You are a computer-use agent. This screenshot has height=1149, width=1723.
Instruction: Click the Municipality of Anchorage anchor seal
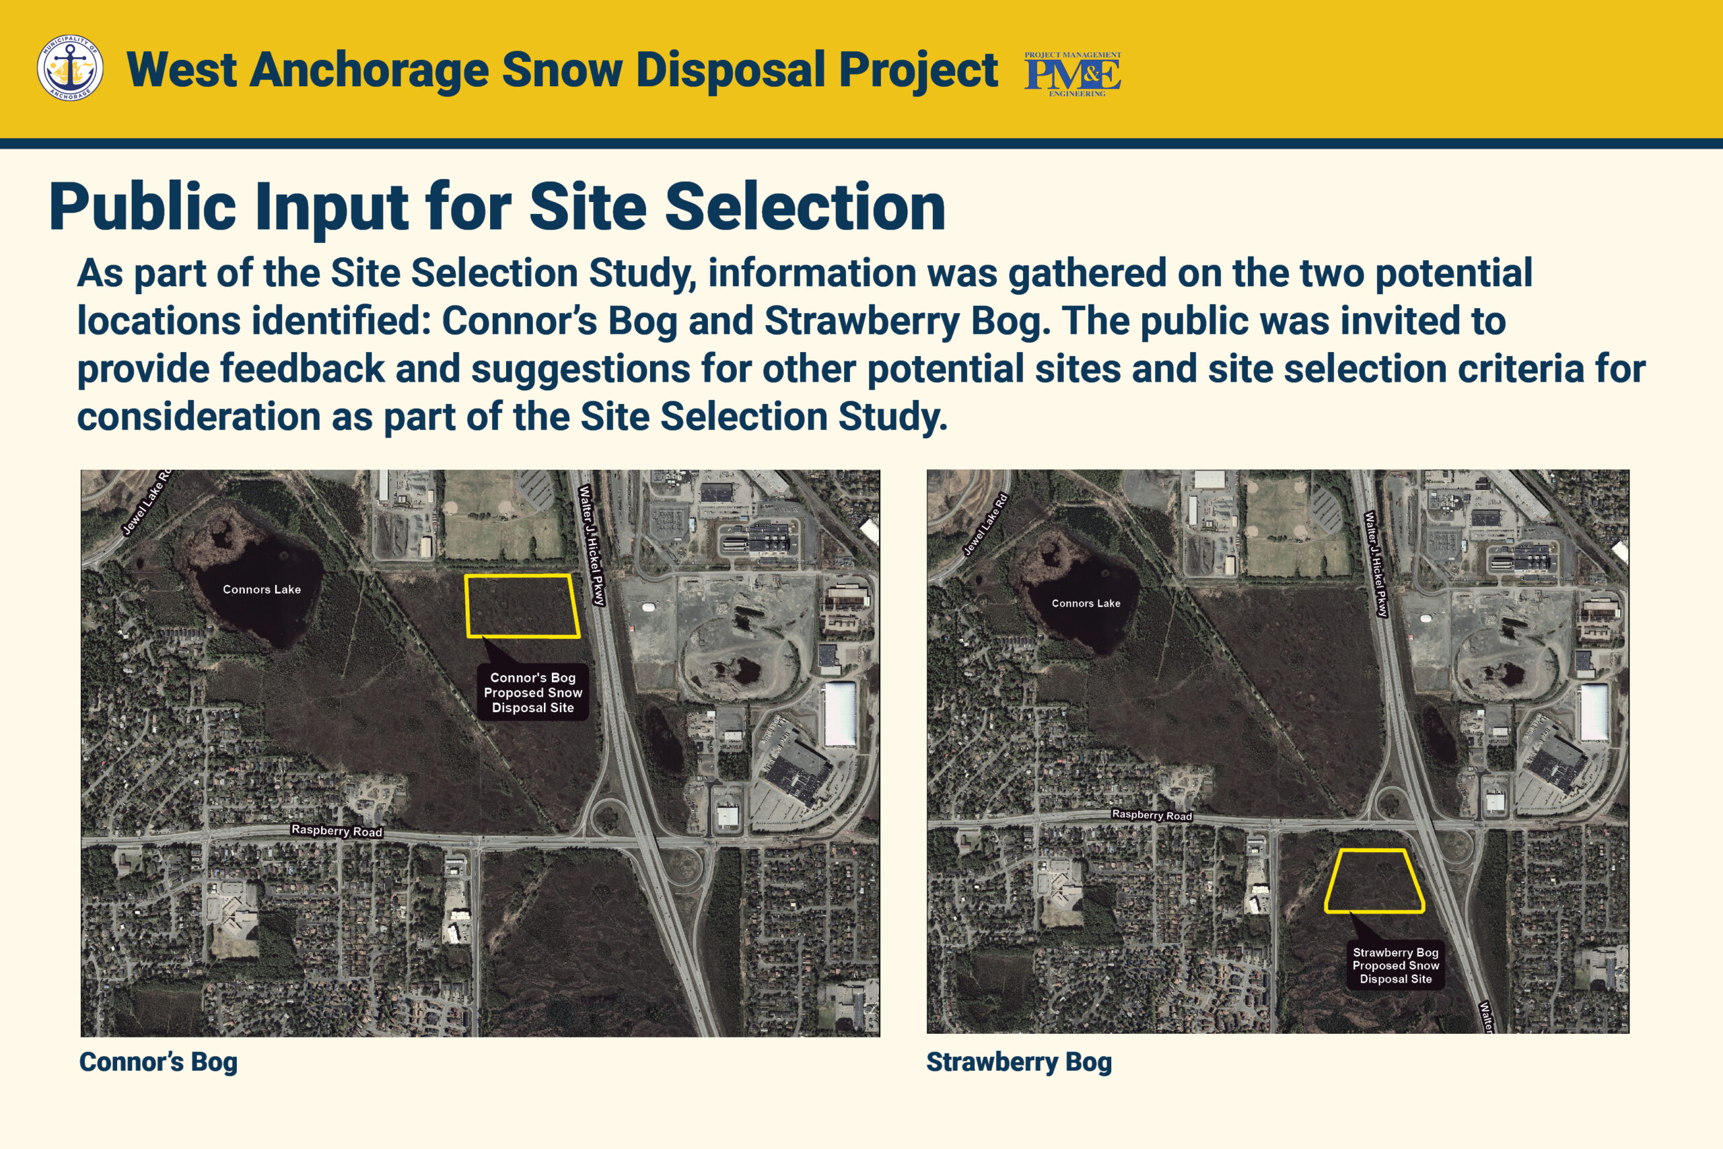point(69,67)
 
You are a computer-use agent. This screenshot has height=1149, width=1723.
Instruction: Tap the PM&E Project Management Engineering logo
point(1072,74)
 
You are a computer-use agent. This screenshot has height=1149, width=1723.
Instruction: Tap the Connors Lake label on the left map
point(262,589)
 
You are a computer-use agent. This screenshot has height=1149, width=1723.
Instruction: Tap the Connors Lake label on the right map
point(1086,603)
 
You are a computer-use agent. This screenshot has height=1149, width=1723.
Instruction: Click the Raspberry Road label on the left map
point(337,830)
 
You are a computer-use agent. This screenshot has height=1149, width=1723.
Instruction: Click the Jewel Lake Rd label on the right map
point(986,524)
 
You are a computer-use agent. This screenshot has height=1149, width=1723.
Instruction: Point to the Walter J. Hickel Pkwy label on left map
point(592,545)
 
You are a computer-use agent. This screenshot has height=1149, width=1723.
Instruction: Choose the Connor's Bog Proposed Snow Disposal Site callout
point(532,693)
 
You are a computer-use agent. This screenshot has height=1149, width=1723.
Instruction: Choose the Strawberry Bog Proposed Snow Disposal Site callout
point(1395,965)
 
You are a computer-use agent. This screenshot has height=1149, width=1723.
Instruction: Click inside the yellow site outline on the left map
point(522,606)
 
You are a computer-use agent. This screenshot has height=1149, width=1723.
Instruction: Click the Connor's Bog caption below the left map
point(158,1061)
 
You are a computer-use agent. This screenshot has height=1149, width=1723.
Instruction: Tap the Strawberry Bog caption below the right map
point(1019,1061)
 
